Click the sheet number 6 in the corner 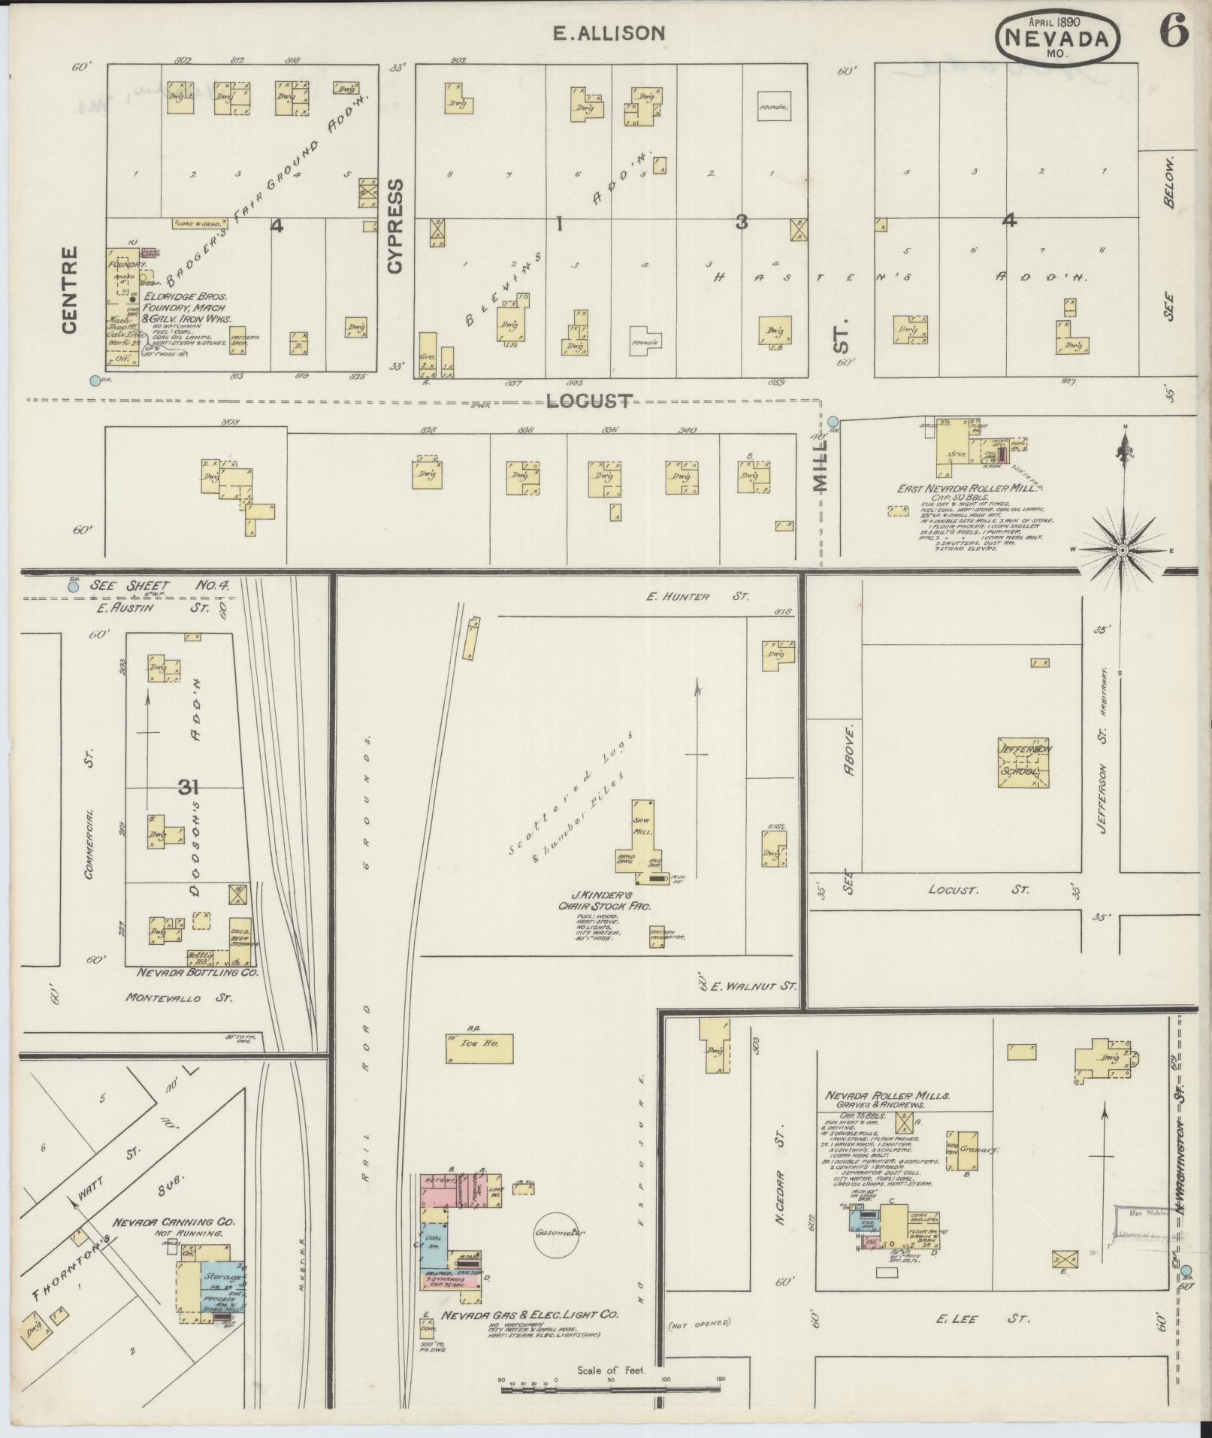pos(1173,32)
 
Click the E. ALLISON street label pos(609,33)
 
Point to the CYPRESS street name pos(396,226)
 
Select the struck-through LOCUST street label pos(589,401)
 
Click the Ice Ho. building pos(479,1046)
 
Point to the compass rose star pos(1123,550)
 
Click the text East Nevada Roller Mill pos(967,489)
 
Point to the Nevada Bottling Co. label pos(197,972)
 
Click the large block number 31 pos(189,787)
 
